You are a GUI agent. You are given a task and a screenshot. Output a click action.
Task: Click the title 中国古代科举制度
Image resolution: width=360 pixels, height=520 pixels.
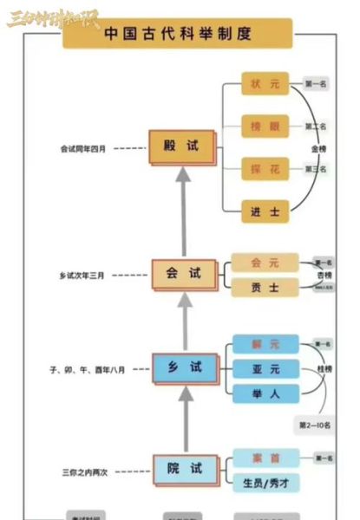point(178,35)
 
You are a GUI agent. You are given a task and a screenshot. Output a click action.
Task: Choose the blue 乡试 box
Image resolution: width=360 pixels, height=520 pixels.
point(183,367)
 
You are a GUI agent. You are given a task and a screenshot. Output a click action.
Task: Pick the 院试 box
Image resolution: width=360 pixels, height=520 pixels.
point(184,468)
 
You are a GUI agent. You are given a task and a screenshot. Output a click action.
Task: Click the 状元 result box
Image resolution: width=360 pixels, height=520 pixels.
point(265,85)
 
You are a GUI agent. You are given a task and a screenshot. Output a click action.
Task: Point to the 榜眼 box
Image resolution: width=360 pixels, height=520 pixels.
point(265,127)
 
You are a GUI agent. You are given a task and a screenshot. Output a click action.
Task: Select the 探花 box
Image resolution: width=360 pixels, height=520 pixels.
point(265,167)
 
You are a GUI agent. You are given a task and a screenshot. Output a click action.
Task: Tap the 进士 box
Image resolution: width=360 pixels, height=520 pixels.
point(265,210)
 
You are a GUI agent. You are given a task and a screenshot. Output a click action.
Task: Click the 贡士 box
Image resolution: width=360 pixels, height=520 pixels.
point(264,287)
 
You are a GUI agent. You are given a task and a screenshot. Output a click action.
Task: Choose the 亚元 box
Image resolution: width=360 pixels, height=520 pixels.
point(265,368)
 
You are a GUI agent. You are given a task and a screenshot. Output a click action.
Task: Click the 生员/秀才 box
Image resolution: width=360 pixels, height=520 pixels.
point(265,481)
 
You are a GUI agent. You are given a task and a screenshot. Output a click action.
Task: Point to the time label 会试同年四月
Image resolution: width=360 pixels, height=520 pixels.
point(83,148)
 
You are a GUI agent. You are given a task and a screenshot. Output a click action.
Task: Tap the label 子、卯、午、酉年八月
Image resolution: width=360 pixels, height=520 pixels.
point(88,369)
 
